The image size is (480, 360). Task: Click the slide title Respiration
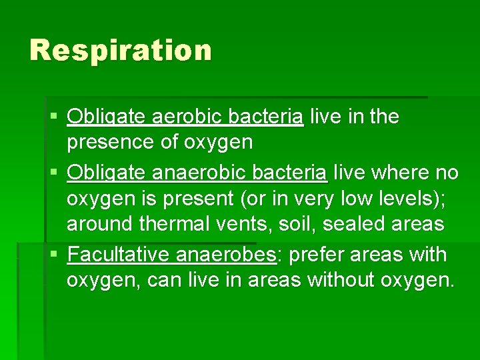(121, 51)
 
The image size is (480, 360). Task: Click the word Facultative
(119, 255)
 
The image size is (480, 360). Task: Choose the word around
(100, 224)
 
